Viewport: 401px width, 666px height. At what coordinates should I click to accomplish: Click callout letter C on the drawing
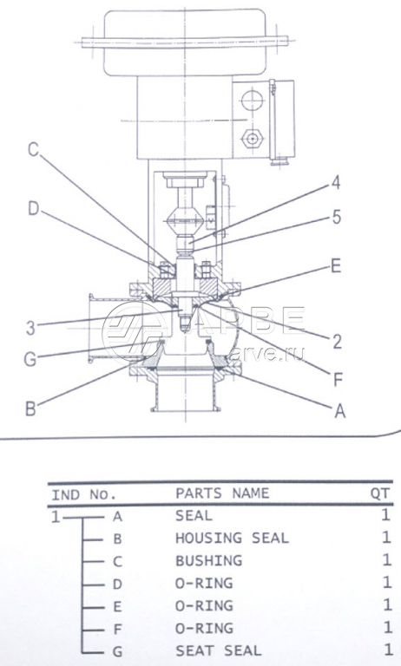tap(33, 150)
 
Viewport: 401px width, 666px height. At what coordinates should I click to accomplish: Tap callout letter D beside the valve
tap(34, 209)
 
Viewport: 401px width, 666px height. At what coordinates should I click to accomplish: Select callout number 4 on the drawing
tap(336, 183)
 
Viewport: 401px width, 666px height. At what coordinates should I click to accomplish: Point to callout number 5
tap(337, 217)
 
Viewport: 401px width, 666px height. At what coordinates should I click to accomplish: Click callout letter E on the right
tap(336, 266)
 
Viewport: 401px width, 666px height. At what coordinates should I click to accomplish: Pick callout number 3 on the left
tap(30, 328)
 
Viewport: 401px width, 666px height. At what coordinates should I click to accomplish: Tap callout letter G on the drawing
tap(30, 359)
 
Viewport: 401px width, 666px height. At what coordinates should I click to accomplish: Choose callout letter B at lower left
tap(30, 408)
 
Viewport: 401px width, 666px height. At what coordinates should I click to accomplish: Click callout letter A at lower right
tap(339, 411)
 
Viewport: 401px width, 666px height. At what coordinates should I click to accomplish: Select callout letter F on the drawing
tap(338, 380)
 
